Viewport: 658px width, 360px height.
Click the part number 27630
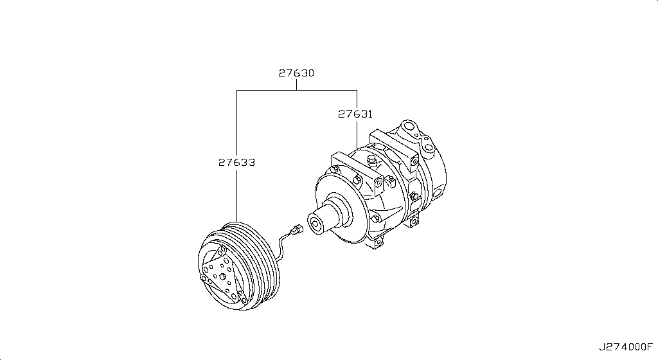point(296,73)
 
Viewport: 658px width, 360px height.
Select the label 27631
point(355,114)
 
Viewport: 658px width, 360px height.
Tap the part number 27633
point(236,163)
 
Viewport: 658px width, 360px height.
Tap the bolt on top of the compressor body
point(371,158)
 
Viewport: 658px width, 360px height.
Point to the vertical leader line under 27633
point(236,193)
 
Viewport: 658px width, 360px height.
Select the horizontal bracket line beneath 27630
point(296,91)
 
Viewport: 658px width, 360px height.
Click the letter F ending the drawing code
point(649,347)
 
